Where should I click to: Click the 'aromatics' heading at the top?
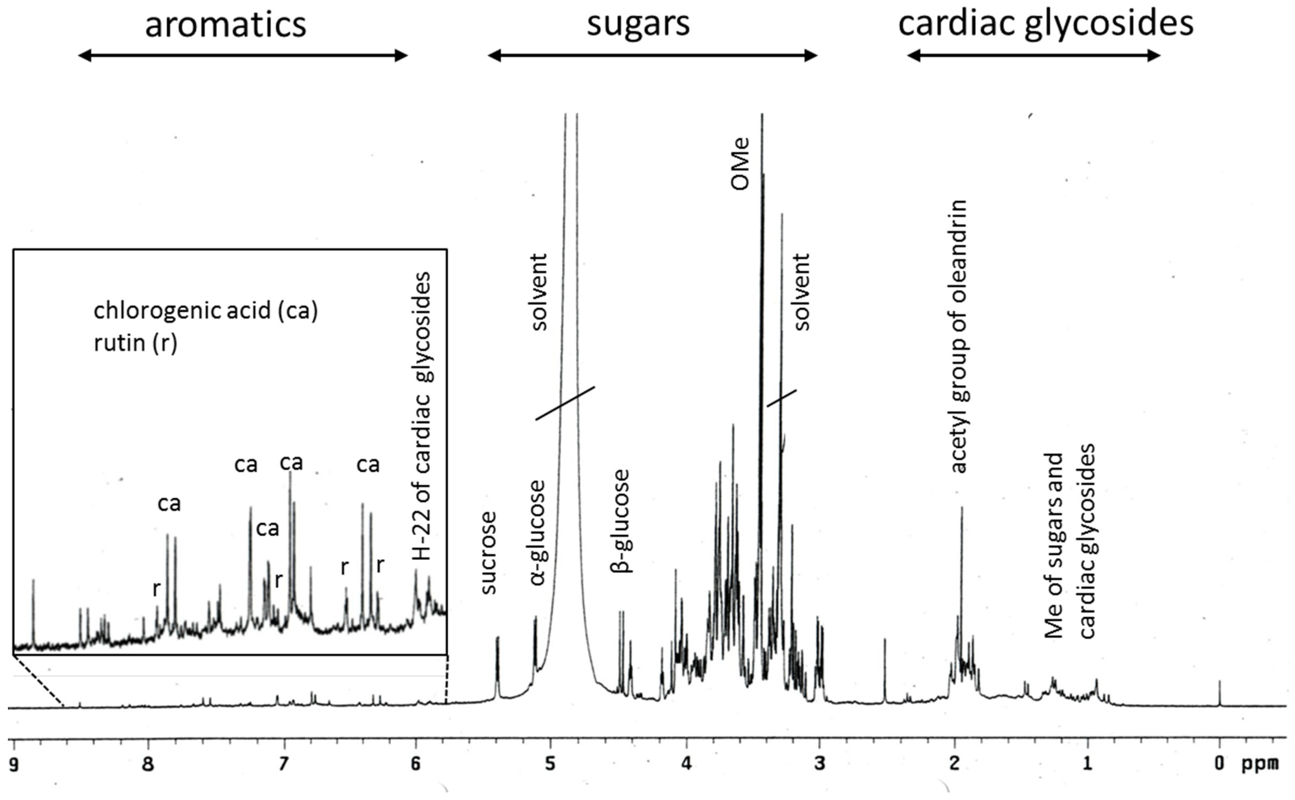226,25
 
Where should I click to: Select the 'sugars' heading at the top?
638,25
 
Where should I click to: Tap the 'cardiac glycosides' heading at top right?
1046,25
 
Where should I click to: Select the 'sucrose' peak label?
488,553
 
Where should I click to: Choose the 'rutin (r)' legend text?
136,343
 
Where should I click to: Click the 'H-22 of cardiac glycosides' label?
422,416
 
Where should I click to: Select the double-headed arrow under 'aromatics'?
243,55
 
